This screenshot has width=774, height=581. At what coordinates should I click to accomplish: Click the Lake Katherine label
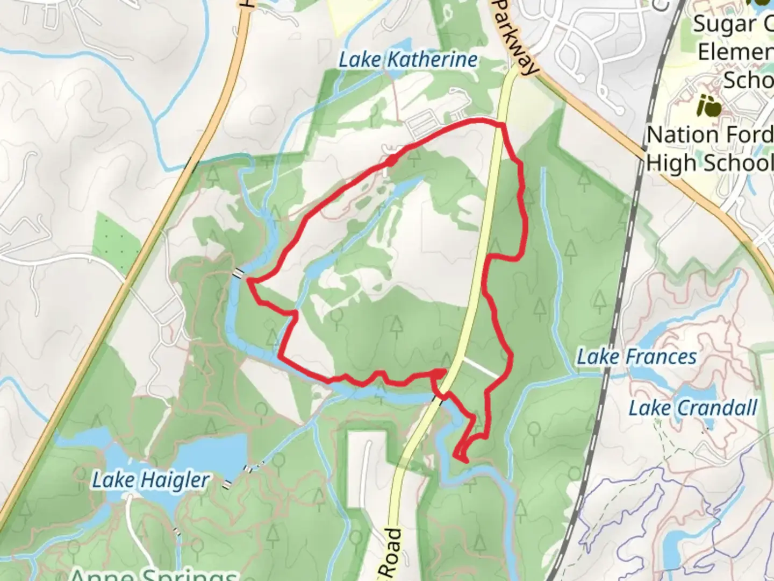[x=407, y=60]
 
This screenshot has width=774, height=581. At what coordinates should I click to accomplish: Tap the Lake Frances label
[x=636, y=357]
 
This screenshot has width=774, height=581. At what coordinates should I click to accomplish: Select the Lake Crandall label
[x=693, y=408]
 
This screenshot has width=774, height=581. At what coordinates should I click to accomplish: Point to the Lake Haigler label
[x=150, y=479]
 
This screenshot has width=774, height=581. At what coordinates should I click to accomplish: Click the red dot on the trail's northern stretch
[x=391, y=160]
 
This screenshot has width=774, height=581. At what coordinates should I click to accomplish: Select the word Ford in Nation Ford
[x=752, y=134]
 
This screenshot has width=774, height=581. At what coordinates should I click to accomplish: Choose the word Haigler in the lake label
[x=174, y=479]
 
